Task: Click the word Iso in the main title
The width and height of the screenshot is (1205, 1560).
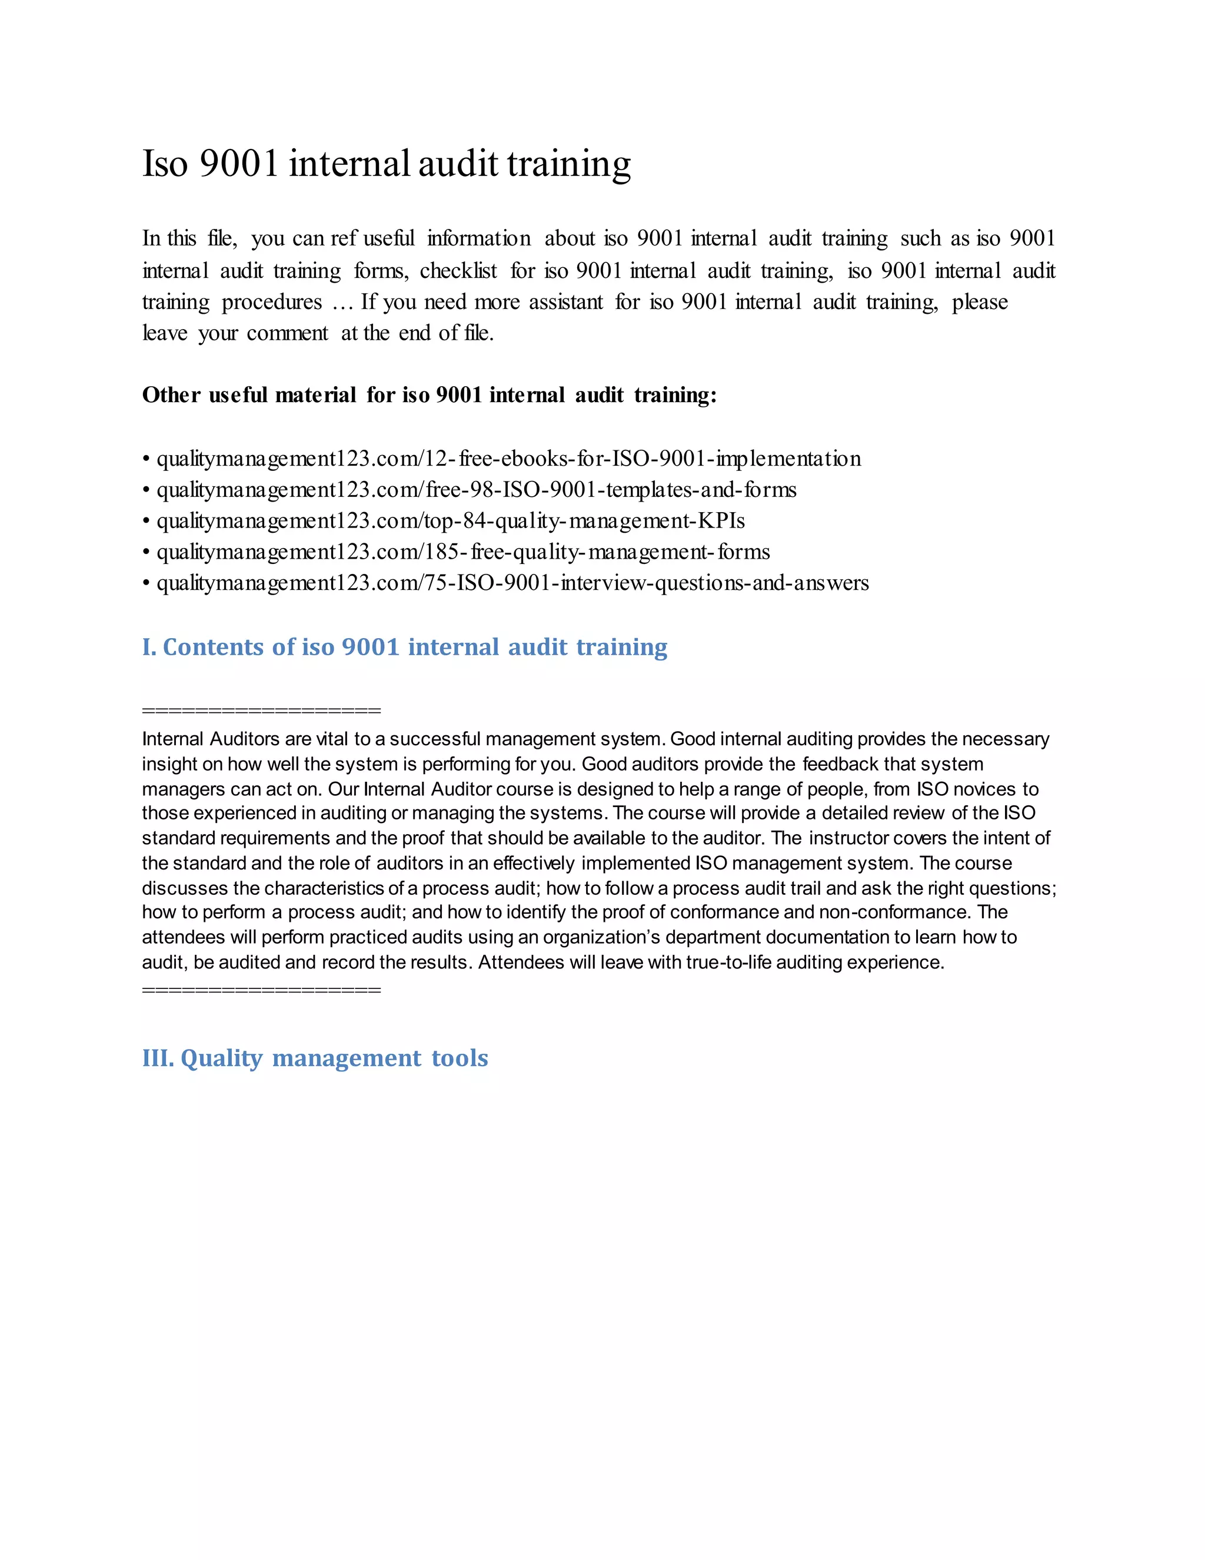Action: click(x=165, y=164)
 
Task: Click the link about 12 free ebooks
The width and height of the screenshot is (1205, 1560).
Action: click(x=508, y=459)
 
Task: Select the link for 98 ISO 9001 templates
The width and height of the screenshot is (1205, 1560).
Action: click(x=476, y=490)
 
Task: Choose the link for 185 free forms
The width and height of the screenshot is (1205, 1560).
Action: click(x=463, y=552)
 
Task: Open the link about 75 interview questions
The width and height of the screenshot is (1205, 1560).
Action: click(x=512, y=583)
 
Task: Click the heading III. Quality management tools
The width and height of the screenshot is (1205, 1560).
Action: click(x=315, y=1058)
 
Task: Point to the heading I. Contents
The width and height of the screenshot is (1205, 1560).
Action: click(x=404, y=647)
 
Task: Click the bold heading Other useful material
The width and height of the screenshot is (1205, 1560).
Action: click(x=429, y=395)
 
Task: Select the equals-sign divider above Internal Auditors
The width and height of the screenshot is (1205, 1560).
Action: click(x=261, y=711)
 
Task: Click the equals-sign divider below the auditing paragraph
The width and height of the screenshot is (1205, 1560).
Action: click(x=261, y=990)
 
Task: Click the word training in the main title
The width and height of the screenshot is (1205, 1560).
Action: click(x=569, y=164)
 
